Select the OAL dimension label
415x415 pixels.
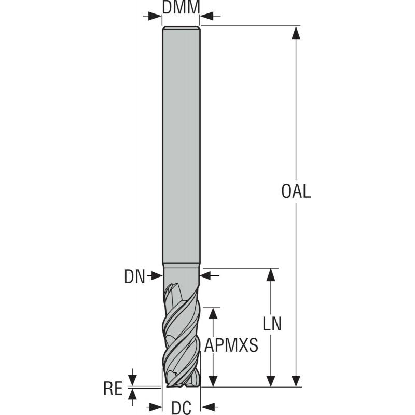(x=296, y=191)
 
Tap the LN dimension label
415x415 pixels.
(x=272, y=324)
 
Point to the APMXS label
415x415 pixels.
(x=231, y=345)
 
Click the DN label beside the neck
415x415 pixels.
(x=135, y=276)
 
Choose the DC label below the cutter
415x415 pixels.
(x=181, y=408)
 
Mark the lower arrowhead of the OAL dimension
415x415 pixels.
(x=296, y=380)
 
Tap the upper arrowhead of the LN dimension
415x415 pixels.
(x=271, y=275)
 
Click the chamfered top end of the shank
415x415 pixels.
(x=181, y=28)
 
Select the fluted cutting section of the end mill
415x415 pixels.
(x=181, y=332)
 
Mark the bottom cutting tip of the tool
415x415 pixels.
(x=181, y=384)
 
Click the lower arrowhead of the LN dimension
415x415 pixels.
(x=271, y=380)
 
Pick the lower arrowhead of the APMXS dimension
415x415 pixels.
(x=212, y=380)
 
